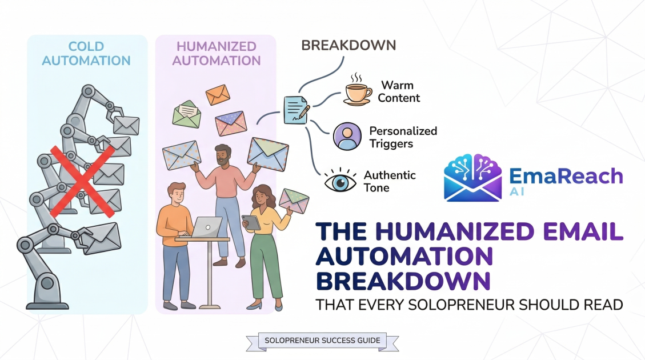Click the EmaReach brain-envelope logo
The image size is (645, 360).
[472, 177]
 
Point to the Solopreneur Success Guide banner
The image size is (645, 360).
[322, 341]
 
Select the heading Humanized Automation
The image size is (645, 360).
[215, 53]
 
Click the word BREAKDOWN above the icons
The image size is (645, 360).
[348, 45]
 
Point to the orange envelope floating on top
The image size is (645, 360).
[217, 94]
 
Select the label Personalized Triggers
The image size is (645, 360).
[403, 137]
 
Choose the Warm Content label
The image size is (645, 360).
[400, 92]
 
